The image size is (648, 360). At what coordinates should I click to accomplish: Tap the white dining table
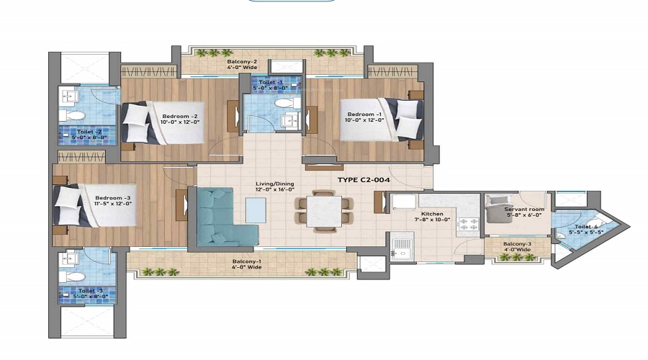coord(324,210)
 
